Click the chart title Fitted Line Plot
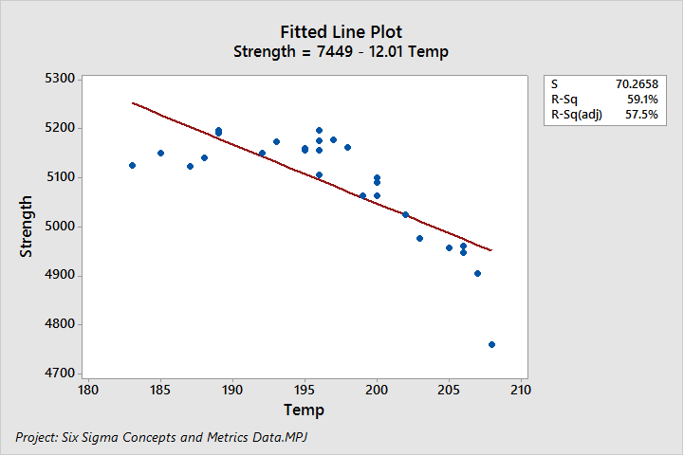coord(342,32)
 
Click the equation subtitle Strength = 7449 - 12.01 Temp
coord(342,52)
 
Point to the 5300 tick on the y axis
coord(60,79)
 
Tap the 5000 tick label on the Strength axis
coord(60,227)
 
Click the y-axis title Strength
coord(27,227)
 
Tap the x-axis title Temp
coord(304,410)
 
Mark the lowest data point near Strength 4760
coord(491,344)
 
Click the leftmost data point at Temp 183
coord(132,165)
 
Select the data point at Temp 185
coord(160,153)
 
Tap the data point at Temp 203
coord(419,238)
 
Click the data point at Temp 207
coord(477,273)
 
